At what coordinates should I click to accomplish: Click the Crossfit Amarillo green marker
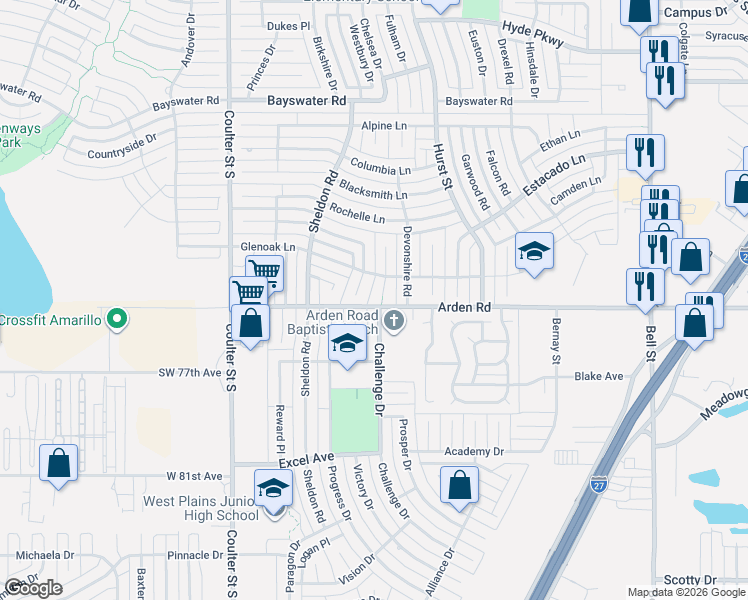117,320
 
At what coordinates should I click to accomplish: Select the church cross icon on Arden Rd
395,321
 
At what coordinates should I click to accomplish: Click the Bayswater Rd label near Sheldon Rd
307,101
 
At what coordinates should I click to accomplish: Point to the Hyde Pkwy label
533,36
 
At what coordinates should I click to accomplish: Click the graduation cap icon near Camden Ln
534,250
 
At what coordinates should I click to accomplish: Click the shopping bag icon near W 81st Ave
59,463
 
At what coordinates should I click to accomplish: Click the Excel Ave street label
306,458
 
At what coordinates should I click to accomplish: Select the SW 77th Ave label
188,373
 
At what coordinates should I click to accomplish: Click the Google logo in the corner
33,588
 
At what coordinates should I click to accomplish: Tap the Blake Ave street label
598,376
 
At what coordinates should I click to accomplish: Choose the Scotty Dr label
690,580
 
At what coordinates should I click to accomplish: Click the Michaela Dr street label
45,555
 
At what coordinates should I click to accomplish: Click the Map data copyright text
686,591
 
